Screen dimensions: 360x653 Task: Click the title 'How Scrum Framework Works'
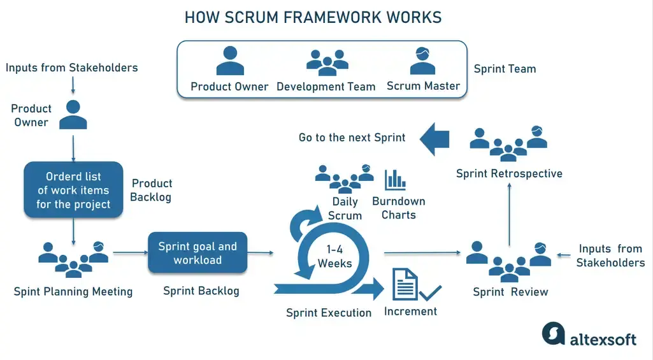[x=313, y=17]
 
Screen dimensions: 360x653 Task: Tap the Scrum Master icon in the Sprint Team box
[x=422, y=61]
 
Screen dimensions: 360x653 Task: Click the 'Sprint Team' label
[x=505, y=69]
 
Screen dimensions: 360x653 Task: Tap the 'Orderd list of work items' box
[x=73, y=190]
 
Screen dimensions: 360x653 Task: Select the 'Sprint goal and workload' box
[x=197, y=253]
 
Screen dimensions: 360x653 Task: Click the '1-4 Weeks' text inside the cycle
[x=334, y=256]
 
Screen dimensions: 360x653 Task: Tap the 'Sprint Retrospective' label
[x=509, y=173]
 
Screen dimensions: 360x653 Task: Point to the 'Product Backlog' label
[x=151, y=190]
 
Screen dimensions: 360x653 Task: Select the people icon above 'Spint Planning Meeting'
[x=73, y=259]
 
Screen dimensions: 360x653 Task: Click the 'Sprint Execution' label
[x=329, y=313]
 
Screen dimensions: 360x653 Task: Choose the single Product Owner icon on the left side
[x=73, y=114]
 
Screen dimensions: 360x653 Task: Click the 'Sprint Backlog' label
[x=201, y=291]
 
